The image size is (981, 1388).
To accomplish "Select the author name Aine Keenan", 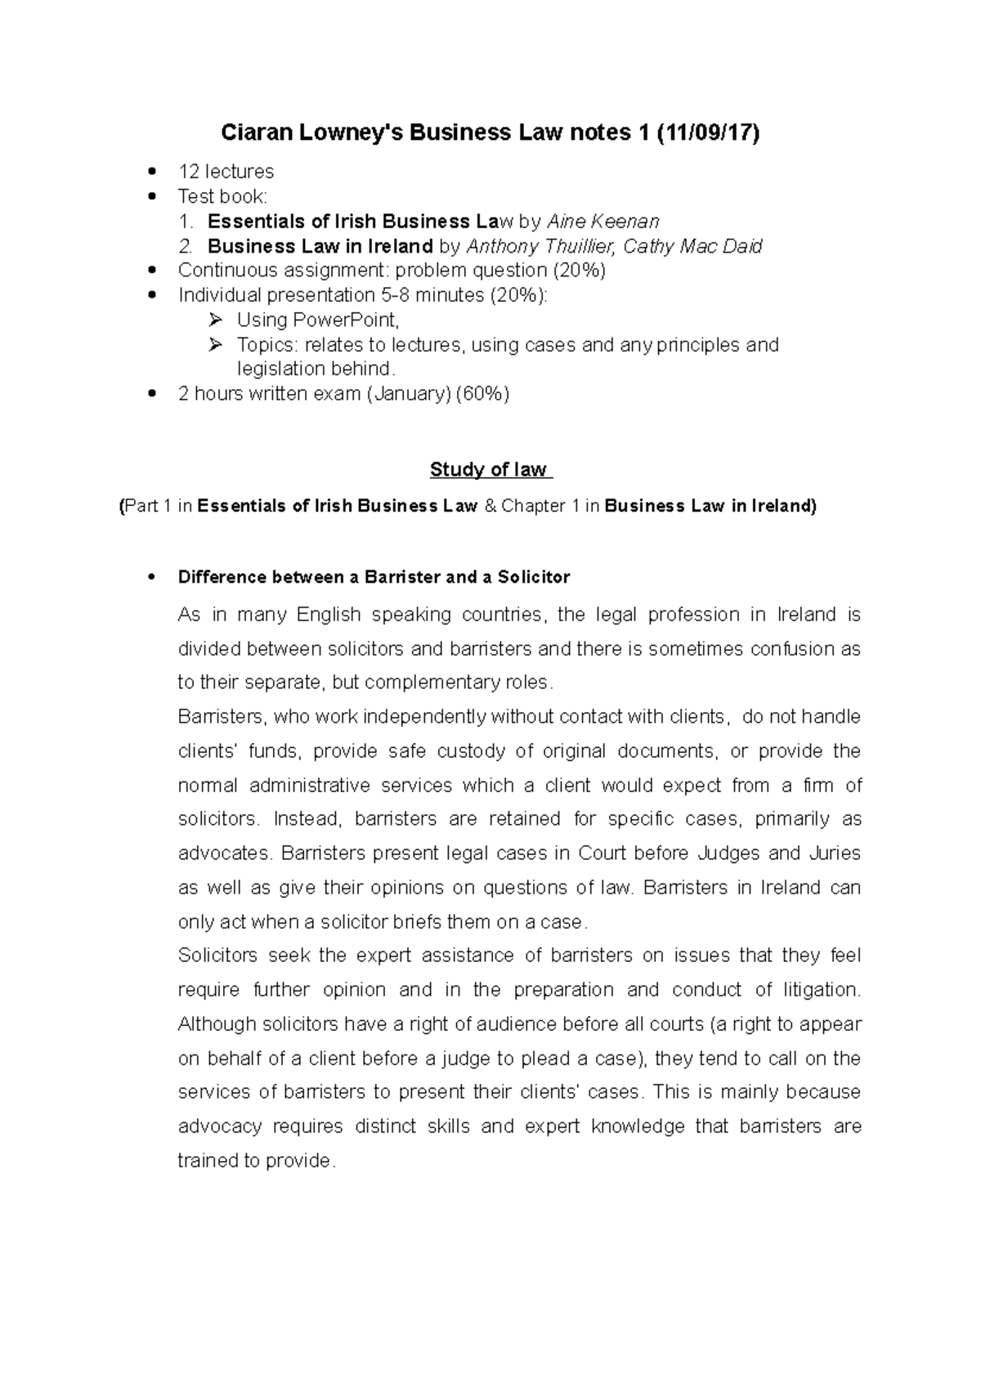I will tap(603, 221).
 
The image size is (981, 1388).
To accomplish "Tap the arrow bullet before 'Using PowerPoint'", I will tap(215, 320).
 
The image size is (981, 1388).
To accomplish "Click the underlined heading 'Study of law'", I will tap(489, 470).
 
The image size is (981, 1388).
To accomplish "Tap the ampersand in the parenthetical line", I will tap(490, 506).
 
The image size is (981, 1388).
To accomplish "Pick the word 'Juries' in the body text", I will tap(834, 853).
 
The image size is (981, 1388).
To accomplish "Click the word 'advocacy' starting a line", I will tap(220, 1126).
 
